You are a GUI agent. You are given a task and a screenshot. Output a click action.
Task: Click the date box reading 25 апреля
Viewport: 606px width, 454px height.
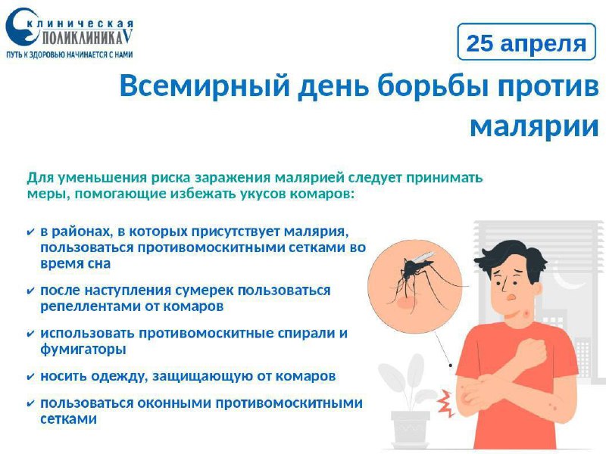point(526,42)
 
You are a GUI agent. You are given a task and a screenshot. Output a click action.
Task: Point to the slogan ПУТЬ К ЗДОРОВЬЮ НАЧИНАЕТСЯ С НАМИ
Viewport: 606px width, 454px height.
point(70,54)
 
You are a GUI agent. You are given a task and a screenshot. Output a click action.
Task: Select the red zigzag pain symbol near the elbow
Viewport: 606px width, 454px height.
point(445,403)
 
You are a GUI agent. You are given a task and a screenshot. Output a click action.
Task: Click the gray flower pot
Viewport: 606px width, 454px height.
point(410,428)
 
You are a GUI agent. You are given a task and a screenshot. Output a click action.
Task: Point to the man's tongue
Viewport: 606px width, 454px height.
point(511,297)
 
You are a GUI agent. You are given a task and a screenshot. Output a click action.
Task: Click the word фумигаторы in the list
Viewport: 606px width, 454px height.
point(83,350)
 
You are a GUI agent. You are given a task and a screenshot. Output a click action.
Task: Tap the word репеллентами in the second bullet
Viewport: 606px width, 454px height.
point(90,306)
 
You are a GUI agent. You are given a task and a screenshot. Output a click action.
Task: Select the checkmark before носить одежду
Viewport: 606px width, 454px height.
point(30,377)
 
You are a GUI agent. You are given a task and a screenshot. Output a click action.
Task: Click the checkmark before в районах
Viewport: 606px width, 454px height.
point(30,233)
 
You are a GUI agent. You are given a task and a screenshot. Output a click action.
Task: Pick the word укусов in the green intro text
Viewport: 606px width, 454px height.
point(254,194)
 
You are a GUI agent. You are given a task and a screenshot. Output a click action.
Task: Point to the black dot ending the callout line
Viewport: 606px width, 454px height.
point(451,365)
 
